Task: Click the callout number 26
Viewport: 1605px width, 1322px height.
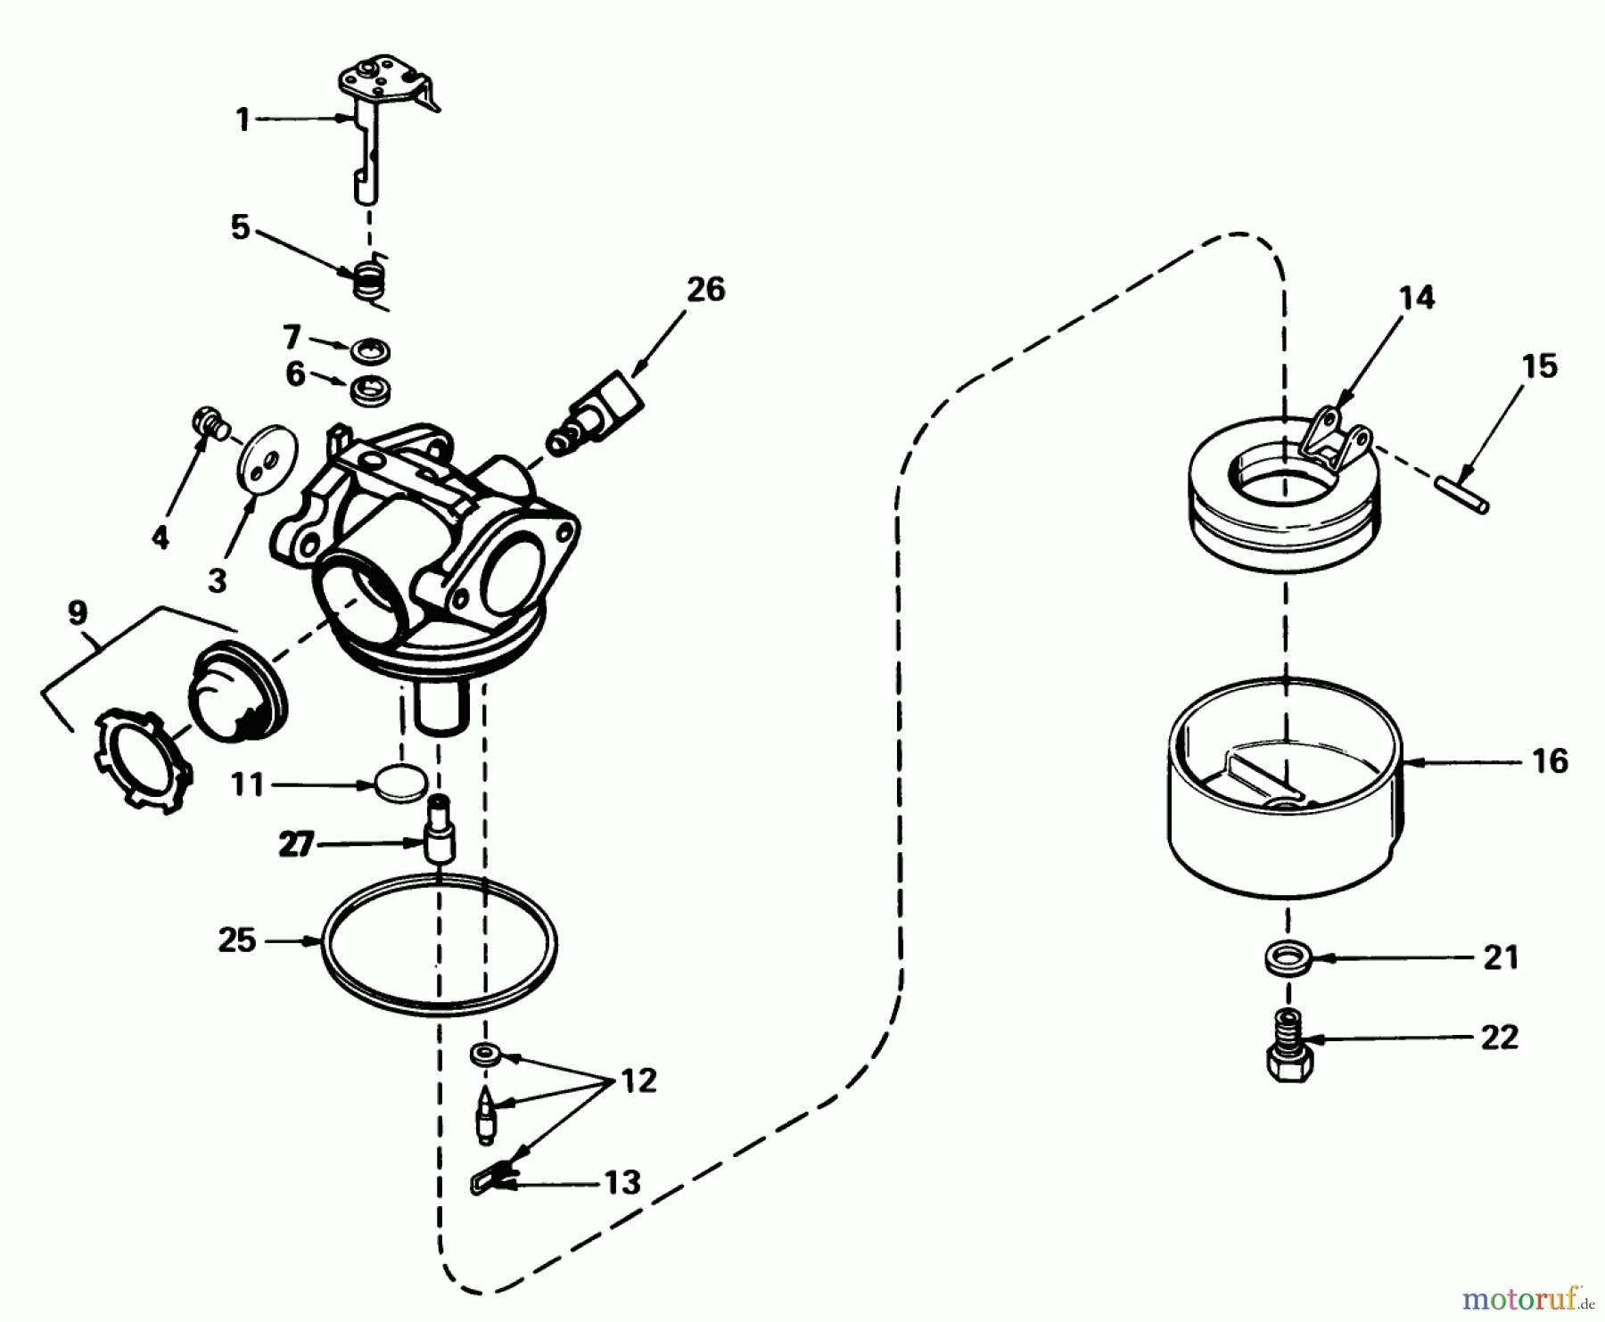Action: coord(705,290)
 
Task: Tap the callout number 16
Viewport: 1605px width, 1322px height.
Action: coord(1550,761)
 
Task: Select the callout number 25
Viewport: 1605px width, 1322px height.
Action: coord(237,940)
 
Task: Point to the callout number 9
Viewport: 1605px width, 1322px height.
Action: coord(78,613)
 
